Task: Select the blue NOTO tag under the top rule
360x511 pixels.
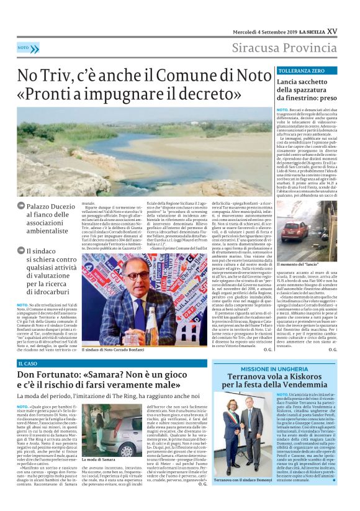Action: click(24, 48)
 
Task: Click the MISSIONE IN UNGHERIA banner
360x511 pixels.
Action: click(276, 368)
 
